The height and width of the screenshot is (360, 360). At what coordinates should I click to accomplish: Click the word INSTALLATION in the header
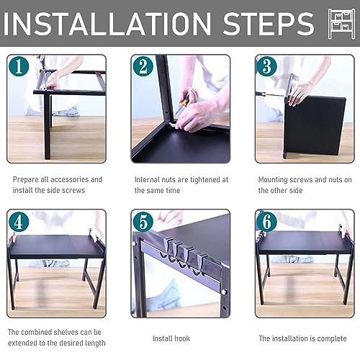click(107, 24)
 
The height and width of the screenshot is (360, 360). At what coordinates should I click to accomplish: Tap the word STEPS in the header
click(269, 24)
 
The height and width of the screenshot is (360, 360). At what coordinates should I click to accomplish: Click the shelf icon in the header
click(341, 24)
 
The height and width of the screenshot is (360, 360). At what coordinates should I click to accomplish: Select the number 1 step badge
click(19, 66)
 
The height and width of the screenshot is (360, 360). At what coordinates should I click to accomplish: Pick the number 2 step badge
click(143, 66)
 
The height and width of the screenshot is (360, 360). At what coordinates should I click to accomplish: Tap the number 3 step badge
click(267, 66)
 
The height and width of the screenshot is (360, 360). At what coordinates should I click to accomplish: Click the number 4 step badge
click(19, 222)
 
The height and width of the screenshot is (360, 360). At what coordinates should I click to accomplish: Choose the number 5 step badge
click(143, 222)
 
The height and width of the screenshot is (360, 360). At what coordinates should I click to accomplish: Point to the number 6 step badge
click(267, 222)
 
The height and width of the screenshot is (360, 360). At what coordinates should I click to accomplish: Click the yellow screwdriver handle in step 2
click(184, 102)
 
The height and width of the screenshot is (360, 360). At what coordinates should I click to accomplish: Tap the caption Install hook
click(171, 338)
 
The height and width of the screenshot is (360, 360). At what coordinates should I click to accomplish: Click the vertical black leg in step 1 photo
click(48, 127)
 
